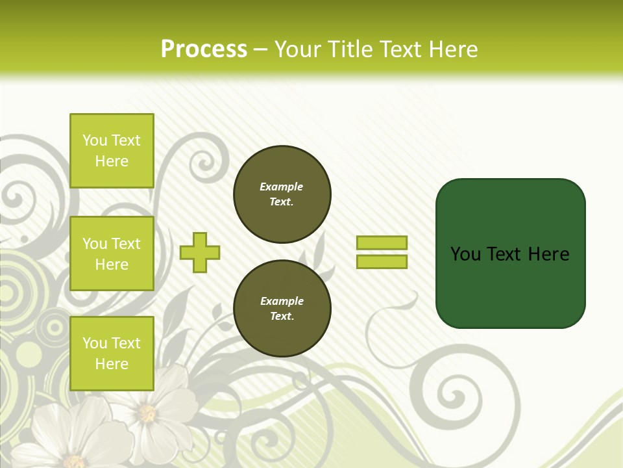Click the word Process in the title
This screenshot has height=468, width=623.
tap(204, 49)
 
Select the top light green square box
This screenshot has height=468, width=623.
tap(112, 151)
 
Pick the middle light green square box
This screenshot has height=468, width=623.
tap(112, 253)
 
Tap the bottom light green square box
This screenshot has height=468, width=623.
tap(112, 354)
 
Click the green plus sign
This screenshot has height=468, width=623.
tap(200, 252)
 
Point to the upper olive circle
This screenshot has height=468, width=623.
tap(282, 194)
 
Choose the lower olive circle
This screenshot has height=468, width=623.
tap(282, 309)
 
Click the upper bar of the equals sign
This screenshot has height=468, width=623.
tap(382, 243)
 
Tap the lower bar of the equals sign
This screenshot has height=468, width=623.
tap(382, 262)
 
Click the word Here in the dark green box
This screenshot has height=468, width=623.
tap(548, 253)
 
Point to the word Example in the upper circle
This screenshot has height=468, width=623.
tap(281, 187)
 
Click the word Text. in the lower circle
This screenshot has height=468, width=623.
tap(282, 317)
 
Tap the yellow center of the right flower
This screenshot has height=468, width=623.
tap(147, 413)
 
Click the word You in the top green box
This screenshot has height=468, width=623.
tap(95, 140)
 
